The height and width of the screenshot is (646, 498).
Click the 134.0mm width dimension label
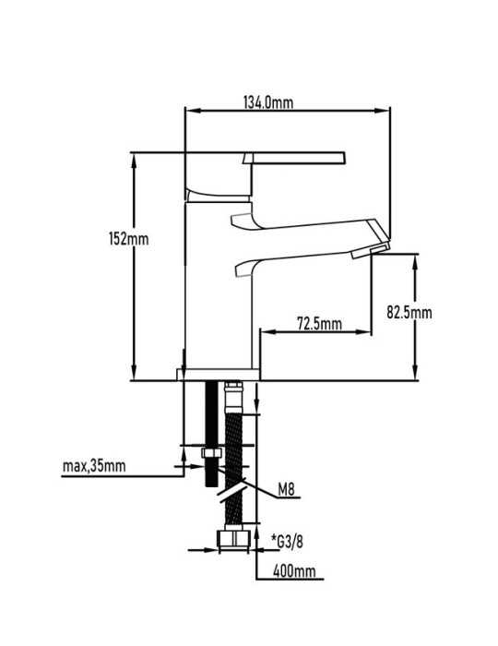point(268,102)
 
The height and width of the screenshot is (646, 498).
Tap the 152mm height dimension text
point(128,238)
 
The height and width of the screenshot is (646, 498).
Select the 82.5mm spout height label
point(409,312)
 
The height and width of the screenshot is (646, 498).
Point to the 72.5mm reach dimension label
point(319,323)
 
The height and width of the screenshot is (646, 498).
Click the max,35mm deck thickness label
point(94,466)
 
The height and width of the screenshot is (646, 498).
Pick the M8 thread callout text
point(287,490)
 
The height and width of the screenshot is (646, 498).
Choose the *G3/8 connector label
point(287,542)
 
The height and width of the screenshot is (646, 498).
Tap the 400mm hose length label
point(294,571)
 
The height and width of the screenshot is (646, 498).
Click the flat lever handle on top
point(294,158)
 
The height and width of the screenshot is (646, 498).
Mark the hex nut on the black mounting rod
point(211,453)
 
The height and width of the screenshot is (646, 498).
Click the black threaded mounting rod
point(211,434)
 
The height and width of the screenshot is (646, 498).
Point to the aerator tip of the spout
point(371,251)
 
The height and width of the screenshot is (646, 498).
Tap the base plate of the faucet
point(219,374)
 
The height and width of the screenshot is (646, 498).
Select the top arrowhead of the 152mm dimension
point(134,161)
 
